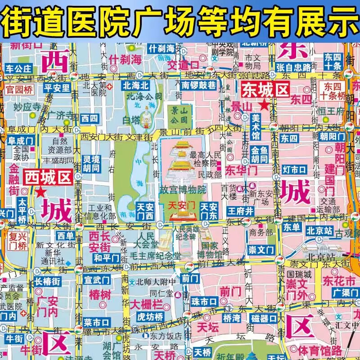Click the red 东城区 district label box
coord(265,90)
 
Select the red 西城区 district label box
coord(48,177)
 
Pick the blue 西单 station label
coord(65,235)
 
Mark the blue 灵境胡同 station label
coord(91,164)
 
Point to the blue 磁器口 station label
coord(264,319)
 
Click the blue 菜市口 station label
coord(97,322)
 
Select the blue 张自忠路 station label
coord(294,67)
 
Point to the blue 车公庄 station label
coord(19,69)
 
